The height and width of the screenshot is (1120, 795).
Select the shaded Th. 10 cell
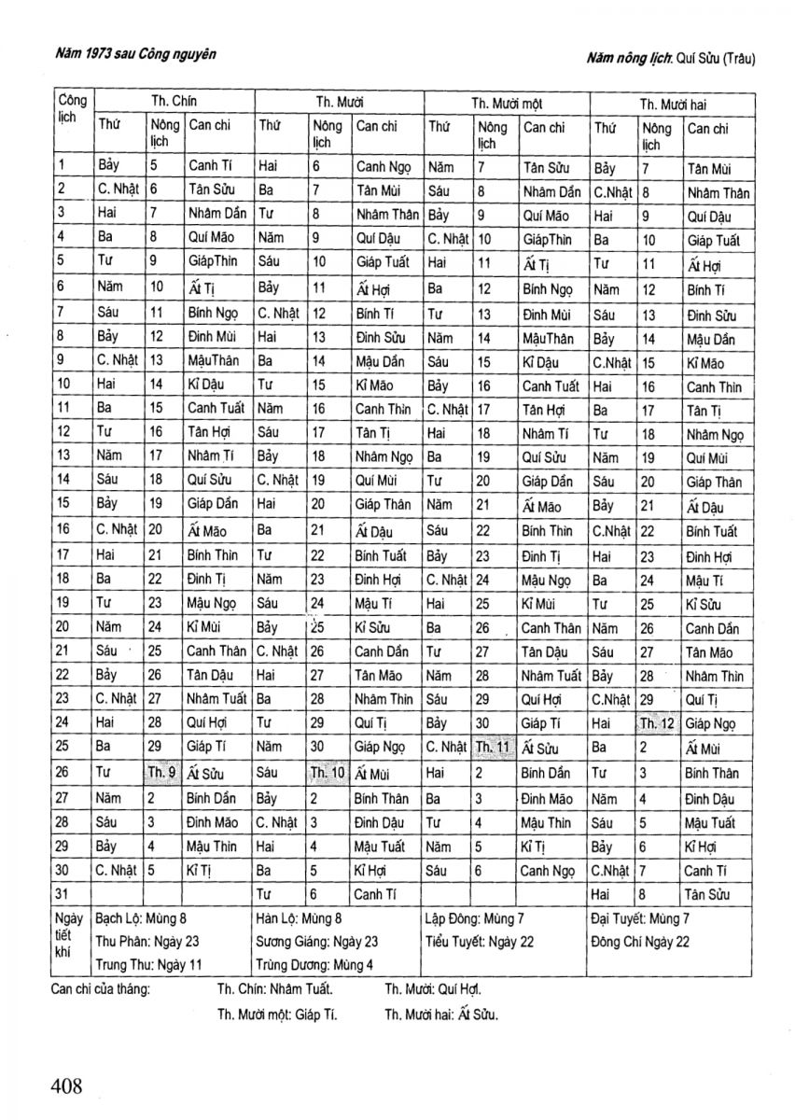pos(328,773)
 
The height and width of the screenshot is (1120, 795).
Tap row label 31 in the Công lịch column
pos(64,893)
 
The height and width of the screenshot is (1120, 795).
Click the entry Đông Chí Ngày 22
pos(640,941)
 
